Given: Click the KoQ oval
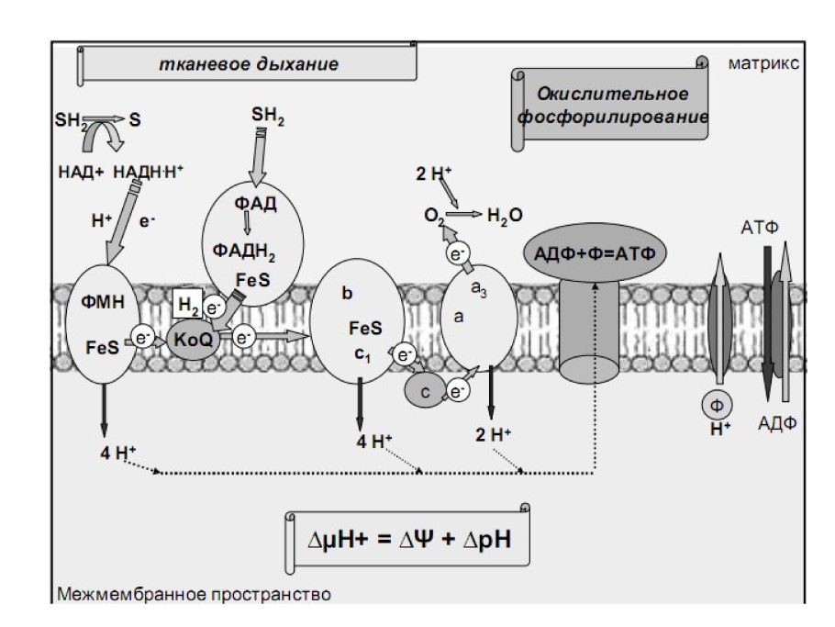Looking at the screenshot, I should click(194, 339).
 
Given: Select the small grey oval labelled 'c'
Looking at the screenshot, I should click(425, 390).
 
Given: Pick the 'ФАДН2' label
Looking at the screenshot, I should click(244, 250).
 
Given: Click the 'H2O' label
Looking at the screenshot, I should click(505, 216).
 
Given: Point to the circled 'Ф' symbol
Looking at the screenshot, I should click(716, 404).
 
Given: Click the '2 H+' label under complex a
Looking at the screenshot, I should click(494, 435).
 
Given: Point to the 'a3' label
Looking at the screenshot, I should click(478, 290).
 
